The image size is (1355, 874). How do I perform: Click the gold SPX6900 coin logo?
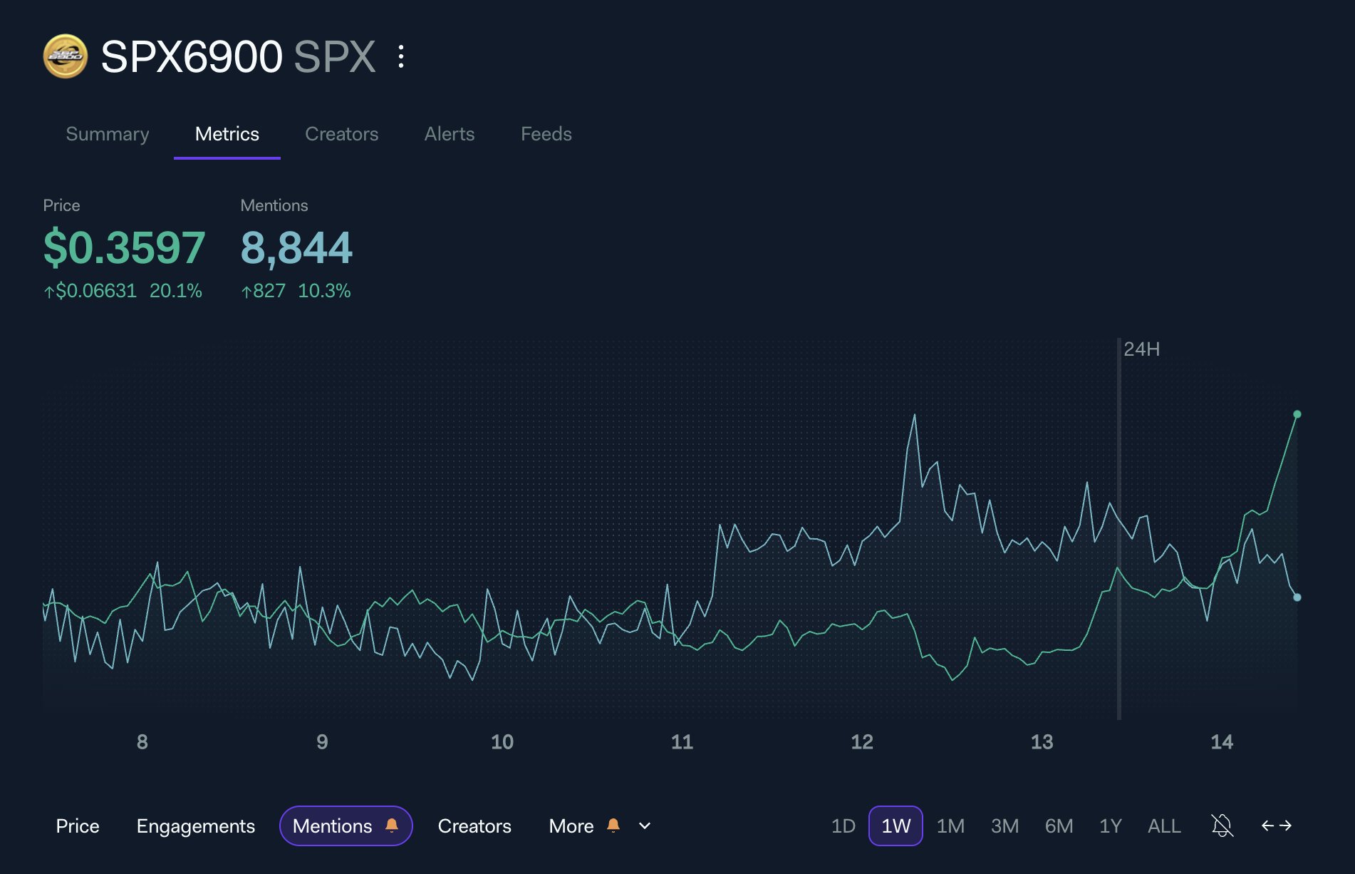(x=66, y=56)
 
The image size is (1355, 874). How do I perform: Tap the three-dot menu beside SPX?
(x=401, y=56)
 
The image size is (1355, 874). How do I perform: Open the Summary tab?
(x=108, y=134)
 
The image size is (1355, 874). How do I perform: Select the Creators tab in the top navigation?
(x=341, y=134)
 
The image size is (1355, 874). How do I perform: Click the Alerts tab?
(x=449, y=134)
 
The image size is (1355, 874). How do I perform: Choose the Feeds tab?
(x=546, y=134)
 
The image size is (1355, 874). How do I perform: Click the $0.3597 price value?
(x=124, y=247)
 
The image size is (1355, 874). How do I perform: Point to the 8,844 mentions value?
(x=296, y=247)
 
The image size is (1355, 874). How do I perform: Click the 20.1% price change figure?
(x=175, y=291)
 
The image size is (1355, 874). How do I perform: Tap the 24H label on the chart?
(x=1141, y=349)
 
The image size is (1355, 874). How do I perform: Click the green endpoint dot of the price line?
(x=1297, y=414)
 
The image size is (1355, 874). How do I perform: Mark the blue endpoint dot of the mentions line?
(x=1297, y=597)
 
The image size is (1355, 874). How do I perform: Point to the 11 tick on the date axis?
(x=682, y=742)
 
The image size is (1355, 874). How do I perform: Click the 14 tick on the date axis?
(x=1222, y=742)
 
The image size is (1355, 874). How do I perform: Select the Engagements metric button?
(x=195, y=826)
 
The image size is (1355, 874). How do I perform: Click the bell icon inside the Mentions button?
(x=392, y=825)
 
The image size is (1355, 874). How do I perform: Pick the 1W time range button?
(x=895, y=826)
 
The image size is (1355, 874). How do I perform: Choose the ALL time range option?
(x=1164, y=826)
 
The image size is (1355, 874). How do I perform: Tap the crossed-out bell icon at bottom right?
(x=1222, y=826)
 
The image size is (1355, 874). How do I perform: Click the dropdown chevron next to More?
(x=645, y=826)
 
